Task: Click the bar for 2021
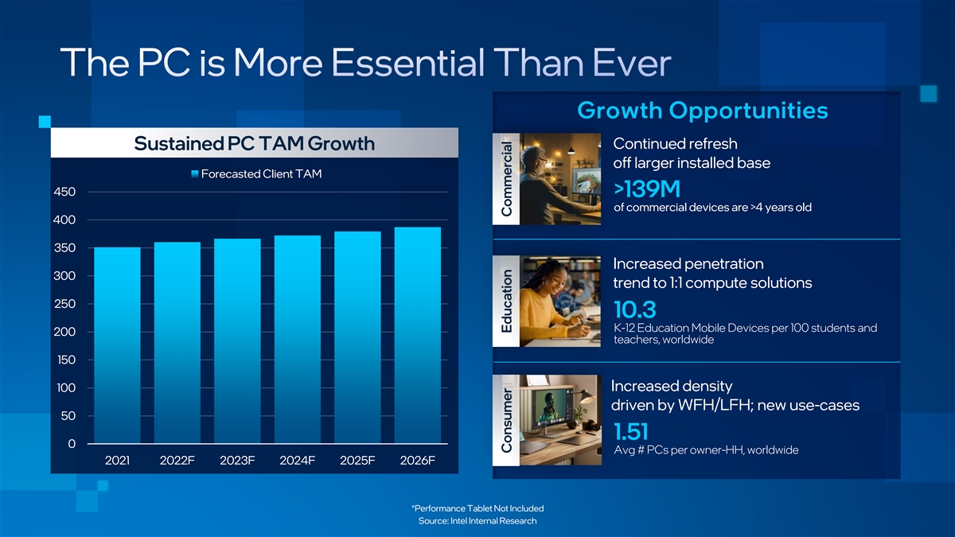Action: (117, 345)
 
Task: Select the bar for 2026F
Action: (418, 335)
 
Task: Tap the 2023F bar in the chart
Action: (237, 341)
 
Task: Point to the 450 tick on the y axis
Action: (64, 192)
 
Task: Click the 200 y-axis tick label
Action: (64, 332)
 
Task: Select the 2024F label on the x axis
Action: (297, 461)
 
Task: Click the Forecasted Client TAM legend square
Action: (195, 174)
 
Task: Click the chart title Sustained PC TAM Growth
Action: (255, 143)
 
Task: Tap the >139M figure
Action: (647, 189)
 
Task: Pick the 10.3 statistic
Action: (635, 309)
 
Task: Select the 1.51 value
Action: (631, 431)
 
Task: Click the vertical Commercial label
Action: (506, 179)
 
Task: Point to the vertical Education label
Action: (506, 301)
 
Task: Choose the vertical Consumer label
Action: (506, 420)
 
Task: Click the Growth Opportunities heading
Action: (703, 111)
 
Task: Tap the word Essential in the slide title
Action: (407, 63)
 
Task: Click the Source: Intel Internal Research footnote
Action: (477, 521)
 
